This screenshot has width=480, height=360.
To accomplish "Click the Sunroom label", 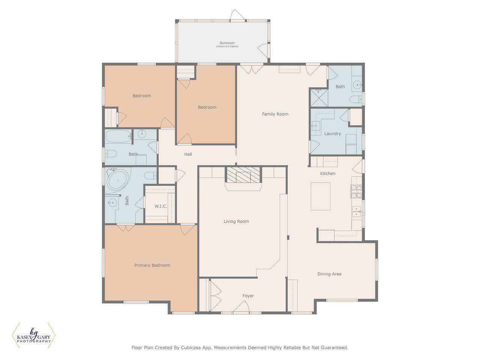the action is [x=227, y=43].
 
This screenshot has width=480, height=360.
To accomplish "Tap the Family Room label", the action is [x=275, y=114].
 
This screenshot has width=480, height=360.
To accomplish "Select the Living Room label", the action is [x=236, y=221].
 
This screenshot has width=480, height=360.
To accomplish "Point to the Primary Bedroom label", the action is [x=152, y=265].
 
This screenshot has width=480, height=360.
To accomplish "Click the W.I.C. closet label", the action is [x=161, y=206].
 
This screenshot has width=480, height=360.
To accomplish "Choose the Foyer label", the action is [x=248, y=296].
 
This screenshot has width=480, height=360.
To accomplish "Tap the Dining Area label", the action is [x=329, y=274].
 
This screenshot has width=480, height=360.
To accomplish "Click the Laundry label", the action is [x=332, y=133].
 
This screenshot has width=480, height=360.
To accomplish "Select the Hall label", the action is [x=188, y=154].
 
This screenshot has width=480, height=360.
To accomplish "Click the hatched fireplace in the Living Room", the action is [x=243, y=175].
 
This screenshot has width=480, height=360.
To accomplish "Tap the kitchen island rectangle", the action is [x=320, y=196].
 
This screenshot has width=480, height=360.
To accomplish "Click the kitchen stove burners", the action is [x=356, y=191].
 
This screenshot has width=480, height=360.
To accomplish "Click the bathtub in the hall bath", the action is [x=118, y=136].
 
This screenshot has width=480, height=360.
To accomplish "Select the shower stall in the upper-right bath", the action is [x=319, y=98].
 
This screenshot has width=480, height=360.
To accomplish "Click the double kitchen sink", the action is [x=357, y=211].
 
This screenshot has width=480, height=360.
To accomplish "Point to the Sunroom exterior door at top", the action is [x=237, y=15].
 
